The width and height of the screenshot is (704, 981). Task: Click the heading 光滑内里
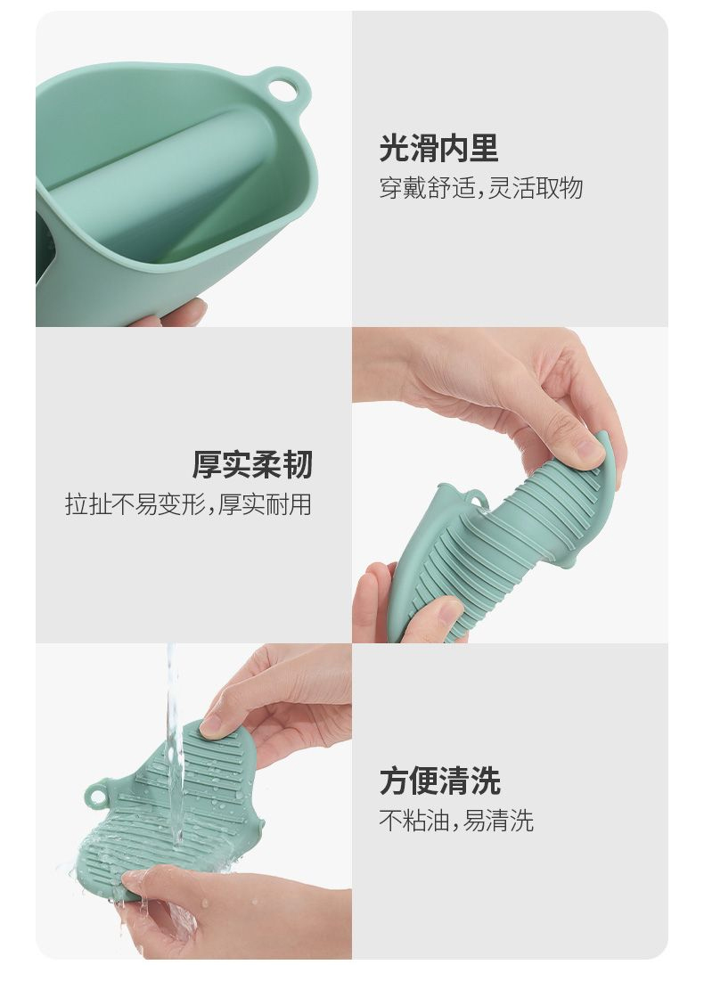(438, 148)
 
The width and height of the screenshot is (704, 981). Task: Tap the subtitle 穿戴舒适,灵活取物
(480, 188)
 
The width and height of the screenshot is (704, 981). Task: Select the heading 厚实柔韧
(251, 465)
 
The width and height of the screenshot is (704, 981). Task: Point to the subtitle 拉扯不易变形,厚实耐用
(188, 504)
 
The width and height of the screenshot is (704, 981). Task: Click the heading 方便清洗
(440, 781)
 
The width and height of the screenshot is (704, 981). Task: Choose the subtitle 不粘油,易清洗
(456, 821)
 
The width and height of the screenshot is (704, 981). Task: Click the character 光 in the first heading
(394, 148)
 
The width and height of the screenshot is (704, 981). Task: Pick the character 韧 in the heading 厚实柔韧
(298, 465)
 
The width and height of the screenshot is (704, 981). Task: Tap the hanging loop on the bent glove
(477, 499)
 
